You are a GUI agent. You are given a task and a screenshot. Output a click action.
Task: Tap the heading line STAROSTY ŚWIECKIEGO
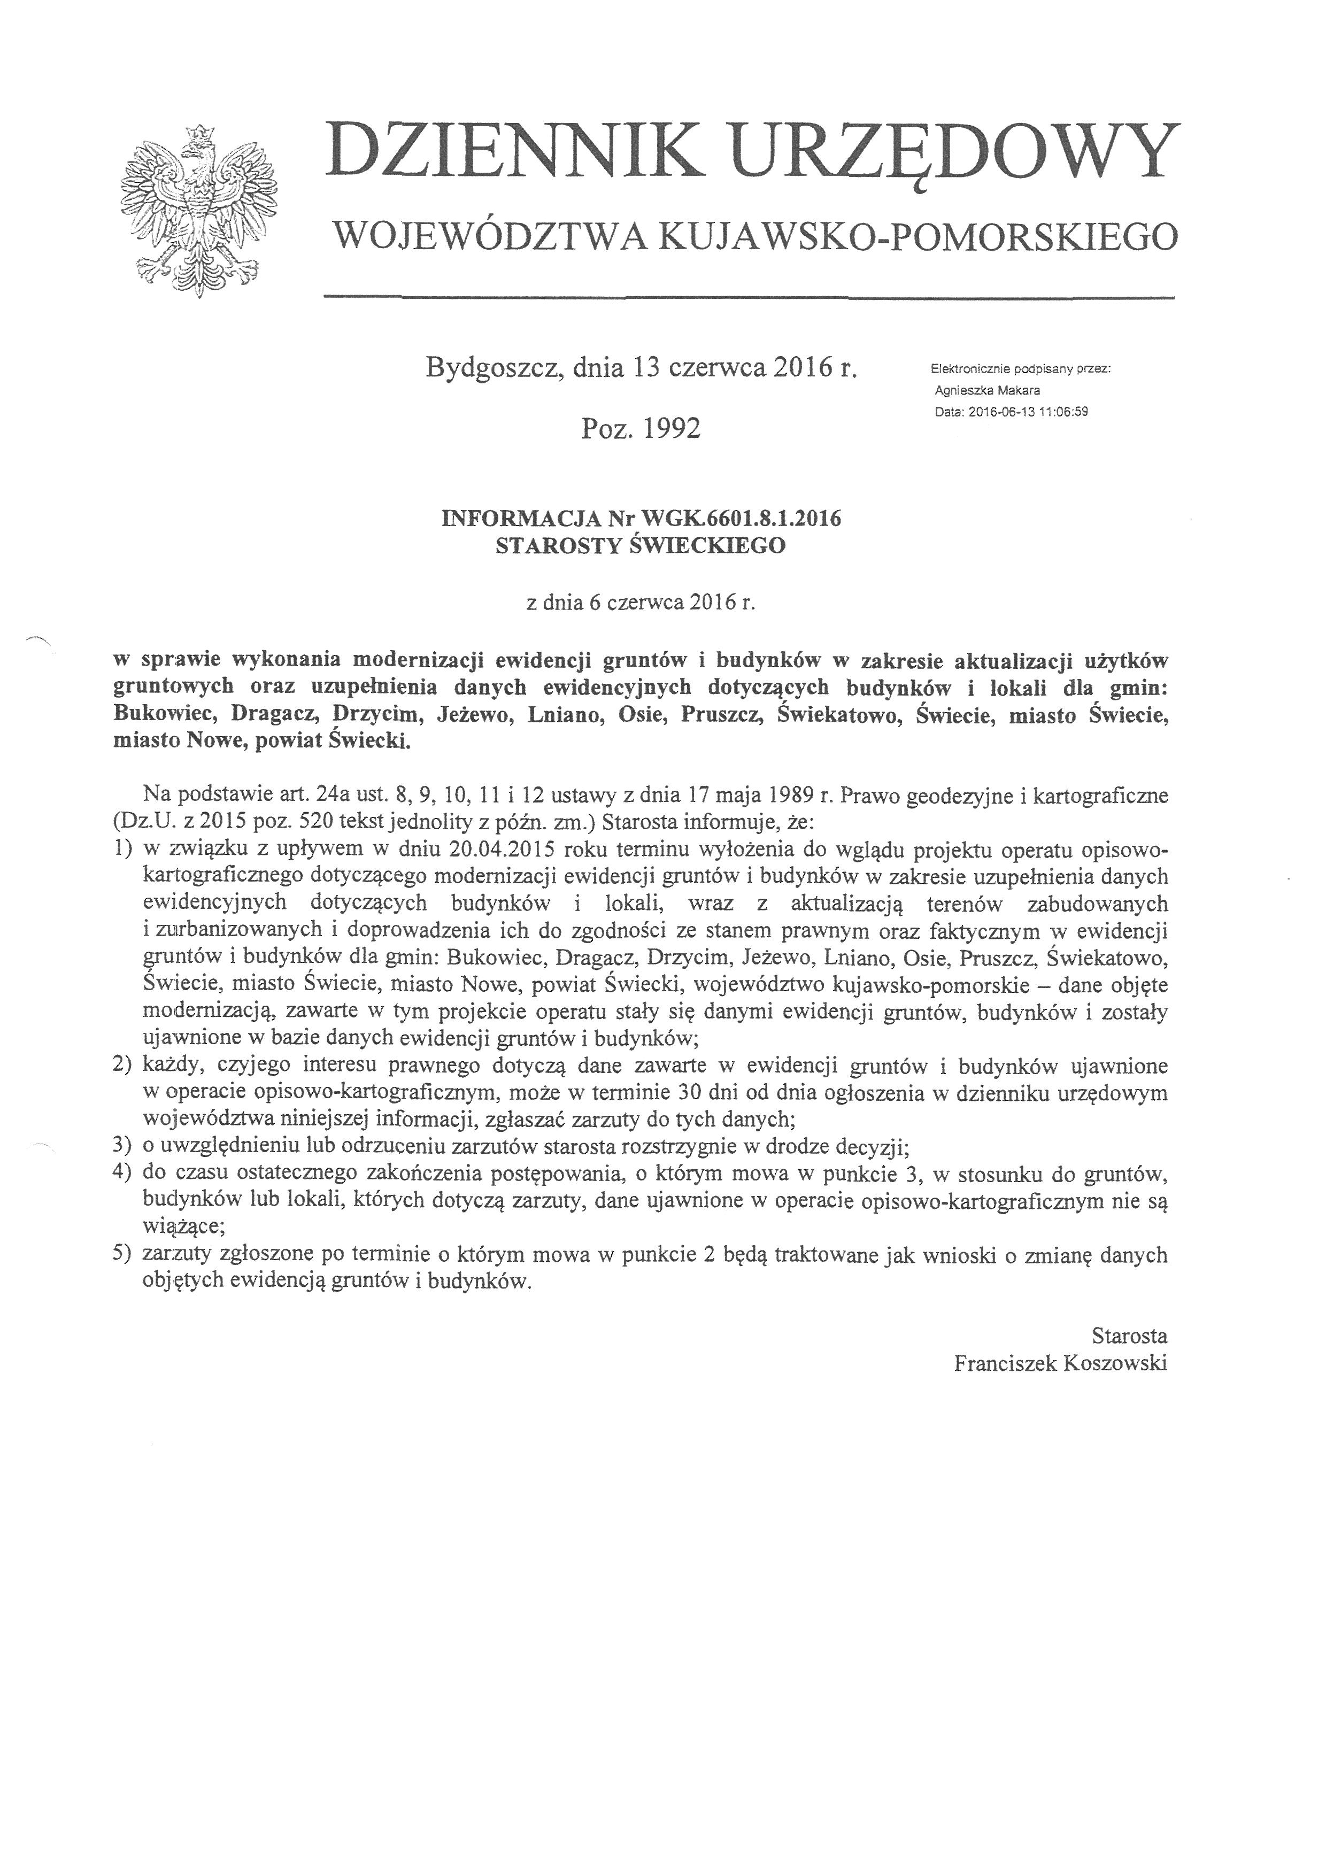640,545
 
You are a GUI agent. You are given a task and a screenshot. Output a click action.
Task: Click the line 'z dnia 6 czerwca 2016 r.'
640,603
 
